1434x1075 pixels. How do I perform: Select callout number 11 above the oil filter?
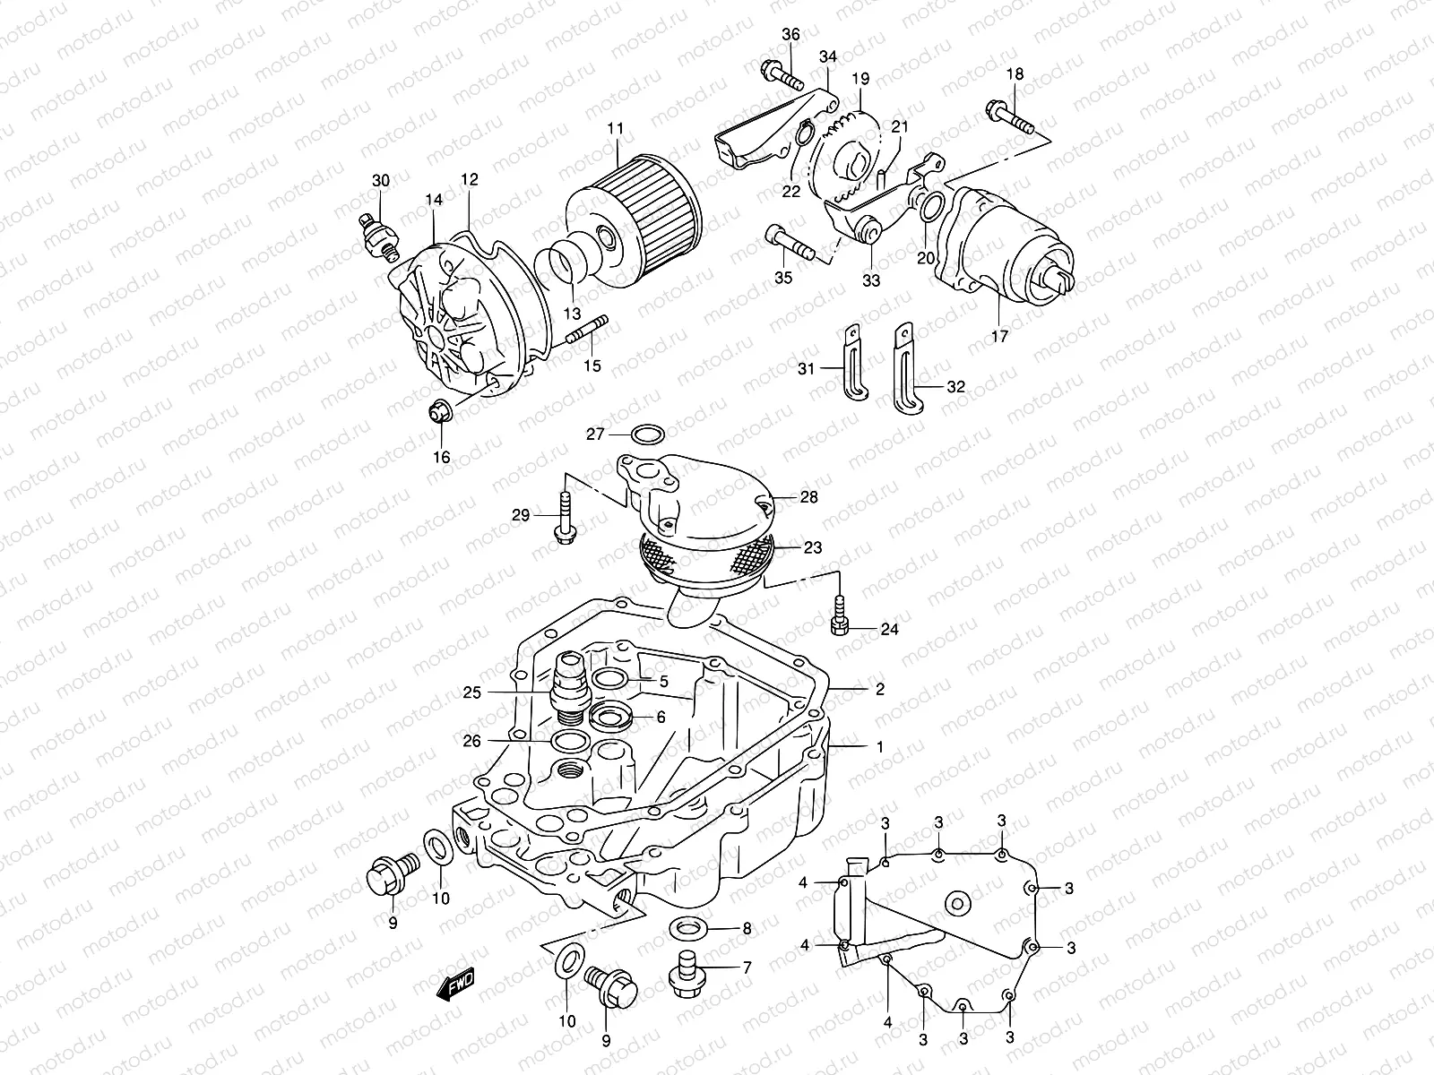coord(614,128)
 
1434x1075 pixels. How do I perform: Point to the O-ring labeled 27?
coord(648,435)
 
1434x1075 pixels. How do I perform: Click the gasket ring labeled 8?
coord(687,929)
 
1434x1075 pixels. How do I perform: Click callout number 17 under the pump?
coord(999,337)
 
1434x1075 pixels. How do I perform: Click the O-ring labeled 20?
coord(930,208)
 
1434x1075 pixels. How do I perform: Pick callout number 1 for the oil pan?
coord(879,745)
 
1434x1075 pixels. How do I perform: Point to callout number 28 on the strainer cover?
coord(808,497)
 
